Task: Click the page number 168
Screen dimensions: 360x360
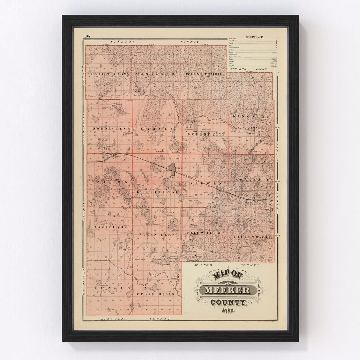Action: (87, 36)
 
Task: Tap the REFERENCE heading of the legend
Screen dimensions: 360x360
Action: (254, 37)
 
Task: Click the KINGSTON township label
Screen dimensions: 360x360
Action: (251, 116)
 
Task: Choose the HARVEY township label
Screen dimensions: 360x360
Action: (157, 128)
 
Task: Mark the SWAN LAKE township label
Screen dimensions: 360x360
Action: (251, 180)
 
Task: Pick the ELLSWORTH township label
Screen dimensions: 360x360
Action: (204, 232)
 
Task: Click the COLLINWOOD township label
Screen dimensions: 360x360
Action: (251, 237)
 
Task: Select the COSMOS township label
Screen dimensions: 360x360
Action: (107, 287)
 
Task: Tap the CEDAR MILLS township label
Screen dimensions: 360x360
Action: (156, 294)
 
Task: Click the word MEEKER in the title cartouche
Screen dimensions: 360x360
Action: (227, 290)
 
